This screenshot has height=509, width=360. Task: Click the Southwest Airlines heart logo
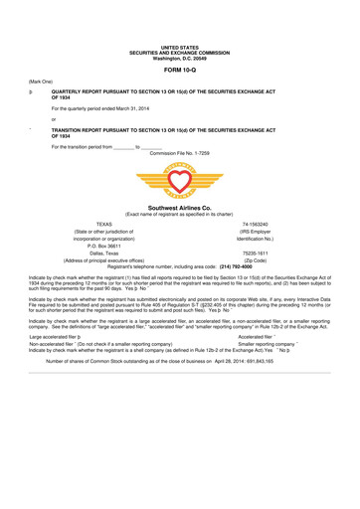(179, 181)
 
